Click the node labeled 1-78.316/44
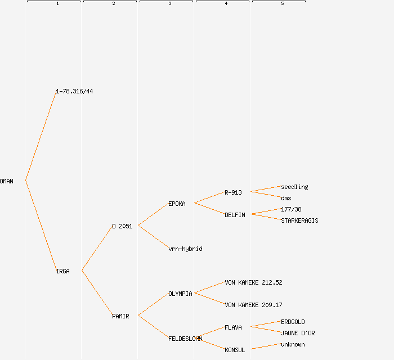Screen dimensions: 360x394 [74, 91]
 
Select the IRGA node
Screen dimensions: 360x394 [62, 271]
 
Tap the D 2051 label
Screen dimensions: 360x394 [122, 226]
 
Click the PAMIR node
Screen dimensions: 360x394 [120, 316]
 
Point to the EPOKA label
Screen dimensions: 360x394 [177, 204]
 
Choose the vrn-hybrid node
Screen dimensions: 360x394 [185, 249]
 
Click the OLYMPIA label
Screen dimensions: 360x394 [180, 294]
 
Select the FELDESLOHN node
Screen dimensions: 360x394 [185, 339]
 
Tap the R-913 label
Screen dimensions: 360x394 [233, 192]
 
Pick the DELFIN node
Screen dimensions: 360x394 [235, 215]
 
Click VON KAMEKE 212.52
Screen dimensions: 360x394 [253, 282]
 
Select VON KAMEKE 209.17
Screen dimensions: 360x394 [253, 305]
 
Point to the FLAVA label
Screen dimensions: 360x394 [233, 327]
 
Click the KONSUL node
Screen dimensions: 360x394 [235, 350]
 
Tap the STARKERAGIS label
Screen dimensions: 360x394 [299, 220]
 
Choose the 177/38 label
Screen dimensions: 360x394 [291, 209]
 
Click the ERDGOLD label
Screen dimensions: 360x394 [293, 322]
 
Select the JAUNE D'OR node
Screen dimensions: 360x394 [298, 333]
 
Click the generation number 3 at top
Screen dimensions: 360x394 [169, 4]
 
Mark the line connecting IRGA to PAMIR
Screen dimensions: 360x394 [97, 293]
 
